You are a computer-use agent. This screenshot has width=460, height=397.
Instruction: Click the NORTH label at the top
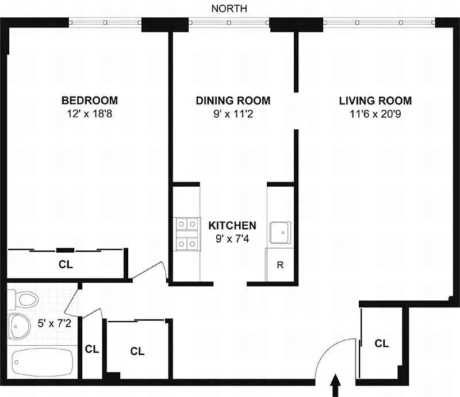point(229,9)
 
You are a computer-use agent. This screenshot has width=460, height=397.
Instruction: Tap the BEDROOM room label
point(90,101)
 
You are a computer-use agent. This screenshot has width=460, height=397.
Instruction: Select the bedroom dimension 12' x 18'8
point(90,114)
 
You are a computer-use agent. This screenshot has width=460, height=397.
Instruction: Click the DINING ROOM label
point(233,101)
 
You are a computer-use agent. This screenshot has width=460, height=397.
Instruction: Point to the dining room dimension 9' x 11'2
point(233,114)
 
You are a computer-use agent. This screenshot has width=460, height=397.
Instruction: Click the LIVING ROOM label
point(375,101)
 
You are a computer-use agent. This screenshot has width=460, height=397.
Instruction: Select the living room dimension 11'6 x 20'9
point(375,114)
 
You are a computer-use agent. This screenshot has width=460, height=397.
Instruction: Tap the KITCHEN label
point(232,225)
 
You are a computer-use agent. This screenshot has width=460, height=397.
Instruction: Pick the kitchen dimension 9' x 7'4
point(232,238)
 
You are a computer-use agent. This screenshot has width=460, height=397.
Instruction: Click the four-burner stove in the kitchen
point(187,234)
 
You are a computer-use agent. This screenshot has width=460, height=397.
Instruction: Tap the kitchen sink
point(280,233)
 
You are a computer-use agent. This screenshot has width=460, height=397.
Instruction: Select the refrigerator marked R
point(279,265)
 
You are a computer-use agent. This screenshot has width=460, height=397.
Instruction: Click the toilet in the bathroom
point(23,300)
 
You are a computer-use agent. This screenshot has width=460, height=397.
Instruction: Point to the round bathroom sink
point(19,326)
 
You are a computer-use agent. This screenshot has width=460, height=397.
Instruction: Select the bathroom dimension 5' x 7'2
point(55,323)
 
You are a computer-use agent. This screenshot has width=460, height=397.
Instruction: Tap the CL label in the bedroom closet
point(66,264)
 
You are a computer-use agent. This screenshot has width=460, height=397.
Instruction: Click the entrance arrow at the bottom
point(336,385)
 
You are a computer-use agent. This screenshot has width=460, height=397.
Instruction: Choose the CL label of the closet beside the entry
point(382,344)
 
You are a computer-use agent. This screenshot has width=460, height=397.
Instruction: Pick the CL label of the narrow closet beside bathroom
point(92,349)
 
